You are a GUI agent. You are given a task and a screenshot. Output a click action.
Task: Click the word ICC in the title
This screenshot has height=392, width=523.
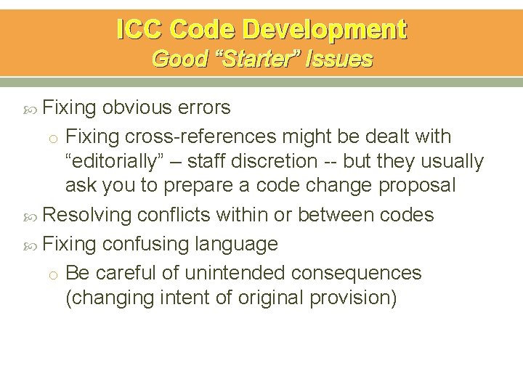point(139,30)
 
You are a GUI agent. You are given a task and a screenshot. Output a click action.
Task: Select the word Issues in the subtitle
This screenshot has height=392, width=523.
point(341,59)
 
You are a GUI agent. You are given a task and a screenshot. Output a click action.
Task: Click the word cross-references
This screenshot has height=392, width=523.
point(200,136)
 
